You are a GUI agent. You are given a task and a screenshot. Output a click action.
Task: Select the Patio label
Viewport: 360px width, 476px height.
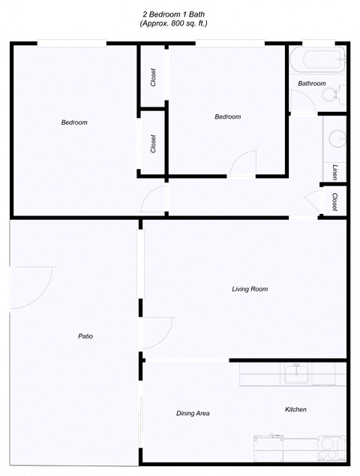(85, 336)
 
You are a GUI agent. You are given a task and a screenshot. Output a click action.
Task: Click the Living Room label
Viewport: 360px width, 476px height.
(249, 289)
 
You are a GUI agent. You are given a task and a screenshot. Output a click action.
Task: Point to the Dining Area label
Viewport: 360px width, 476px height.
(192, 414)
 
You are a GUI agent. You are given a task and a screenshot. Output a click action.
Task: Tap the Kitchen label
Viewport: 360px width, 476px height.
(295, 409)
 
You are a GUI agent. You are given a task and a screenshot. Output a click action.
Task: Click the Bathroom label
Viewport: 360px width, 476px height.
(311, 83)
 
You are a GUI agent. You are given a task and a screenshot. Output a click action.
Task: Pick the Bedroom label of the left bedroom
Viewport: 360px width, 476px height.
(74, 122)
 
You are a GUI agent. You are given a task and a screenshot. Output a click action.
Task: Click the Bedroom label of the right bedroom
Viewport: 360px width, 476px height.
(227, 116)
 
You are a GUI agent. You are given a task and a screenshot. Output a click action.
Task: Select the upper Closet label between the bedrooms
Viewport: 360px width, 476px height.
(153, 78)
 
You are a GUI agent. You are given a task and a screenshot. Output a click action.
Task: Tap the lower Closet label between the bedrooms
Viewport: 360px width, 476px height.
(153, 143)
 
